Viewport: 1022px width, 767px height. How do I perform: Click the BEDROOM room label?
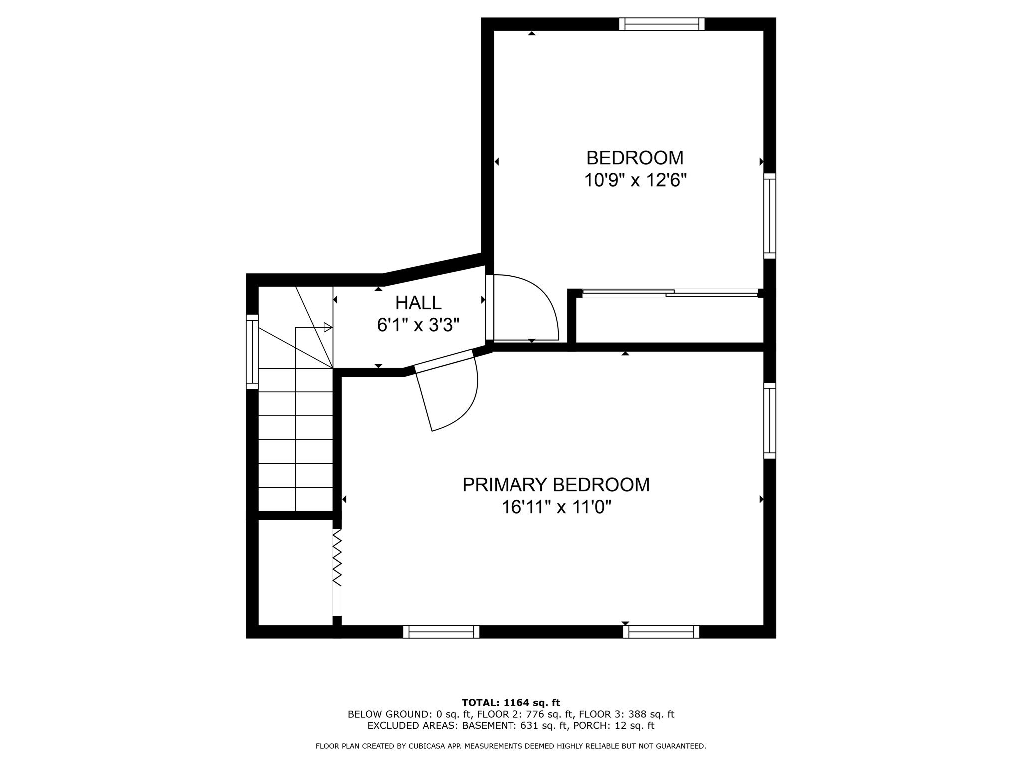click(x=634, y=158)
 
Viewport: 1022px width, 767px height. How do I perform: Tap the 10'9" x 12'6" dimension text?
click(x=635, y=180)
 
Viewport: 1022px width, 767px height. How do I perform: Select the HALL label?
click(x=418, y=303)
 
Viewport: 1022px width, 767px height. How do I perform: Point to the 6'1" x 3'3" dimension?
click(x=418, y=326)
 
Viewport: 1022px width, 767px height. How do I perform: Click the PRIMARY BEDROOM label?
click(x=555, y=485)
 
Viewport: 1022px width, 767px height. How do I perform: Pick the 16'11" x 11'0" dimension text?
click(x=556, y=508)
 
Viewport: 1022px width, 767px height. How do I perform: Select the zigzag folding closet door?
click(x=337, y=558)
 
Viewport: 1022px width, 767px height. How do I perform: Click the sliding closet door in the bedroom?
click(x=670, y=293)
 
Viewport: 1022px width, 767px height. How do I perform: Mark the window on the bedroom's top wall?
click(x=662, y=24)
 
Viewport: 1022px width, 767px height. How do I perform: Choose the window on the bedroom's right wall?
click(x=769, y=216)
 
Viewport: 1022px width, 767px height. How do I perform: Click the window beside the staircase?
click(x=253, y=352)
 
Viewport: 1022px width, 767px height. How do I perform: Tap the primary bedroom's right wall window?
click(x=769, y=420)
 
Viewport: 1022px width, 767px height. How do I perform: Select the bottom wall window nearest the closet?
click(x=441, y=632)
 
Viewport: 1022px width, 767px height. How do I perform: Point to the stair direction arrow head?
click(x=328, y=328)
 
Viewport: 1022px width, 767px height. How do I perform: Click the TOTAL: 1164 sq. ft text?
click(x=511, y=703)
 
